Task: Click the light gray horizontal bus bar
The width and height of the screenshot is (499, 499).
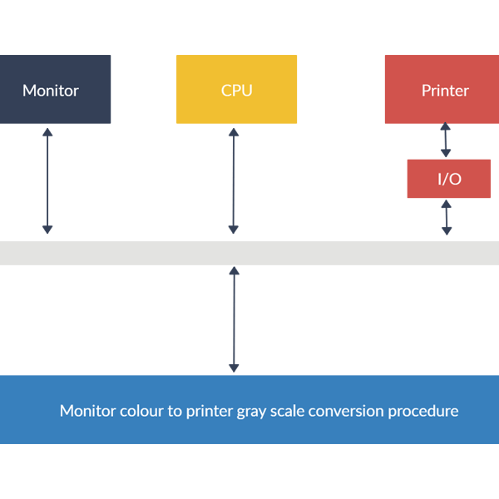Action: point(249,253)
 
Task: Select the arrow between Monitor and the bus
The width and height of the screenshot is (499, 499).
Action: point(47,180)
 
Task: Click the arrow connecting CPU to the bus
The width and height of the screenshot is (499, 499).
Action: point(234,180)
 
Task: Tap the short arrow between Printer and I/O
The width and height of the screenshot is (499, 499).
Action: point(446,141)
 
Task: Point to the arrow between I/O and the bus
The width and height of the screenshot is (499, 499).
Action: point(447,217)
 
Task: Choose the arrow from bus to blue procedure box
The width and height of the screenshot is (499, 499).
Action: point(234,319)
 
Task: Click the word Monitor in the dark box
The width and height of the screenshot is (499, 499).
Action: point(51,90)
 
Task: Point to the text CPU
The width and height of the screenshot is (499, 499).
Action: point(236,90)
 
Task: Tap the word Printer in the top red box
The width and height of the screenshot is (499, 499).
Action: point(445,90)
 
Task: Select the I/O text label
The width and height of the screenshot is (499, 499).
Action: point(449,179)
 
